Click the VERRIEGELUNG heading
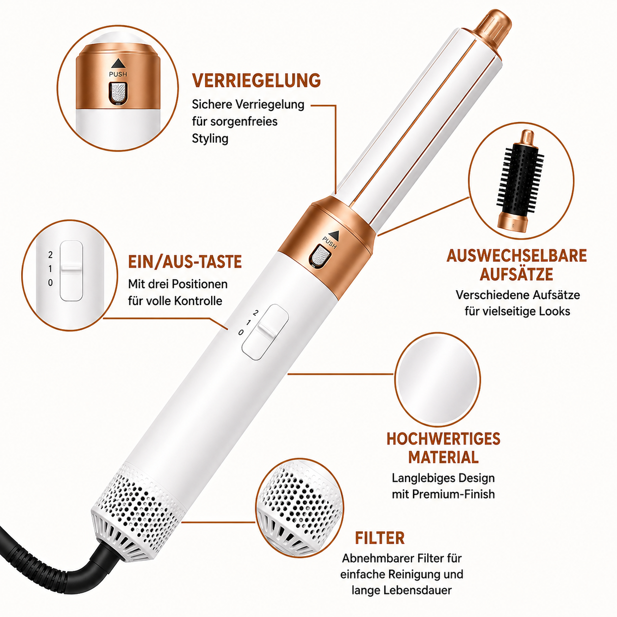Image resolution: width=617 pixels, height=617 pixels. (x=256, y=80)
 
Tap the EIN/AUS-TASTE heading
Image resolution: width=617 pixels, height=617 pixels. (x=185, y=262)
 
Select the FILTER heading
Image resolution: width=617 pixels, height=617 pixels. (x=380, y=538)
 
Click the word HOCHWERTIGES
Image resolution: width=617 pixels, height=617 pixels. (x=443, y=439)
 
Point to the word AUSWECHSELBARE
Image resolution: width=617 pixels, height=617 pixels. (x=517, y=256)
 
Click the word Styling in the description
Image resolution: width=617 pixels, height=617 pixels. (x=210, y=139)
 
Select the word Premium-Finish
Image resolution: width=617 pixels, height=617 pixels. (x=453, y=494)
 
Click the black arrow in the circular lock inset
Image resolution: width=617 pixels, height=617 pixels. (x=118, y=63)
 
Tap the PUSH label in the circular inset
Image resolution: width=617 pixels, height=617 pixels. (x=118, y=74)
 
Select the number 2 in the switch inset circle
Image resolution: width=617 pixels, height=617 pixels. (x=50, y=255)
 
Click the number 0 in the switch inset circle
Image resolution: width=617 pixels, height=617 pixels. (x=50, y=283)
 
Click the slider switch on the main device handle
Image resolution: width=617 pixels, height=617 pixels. (x=265, y=332)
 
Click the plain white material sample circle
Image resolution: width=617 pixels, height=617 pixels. (x=437, y=380)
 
